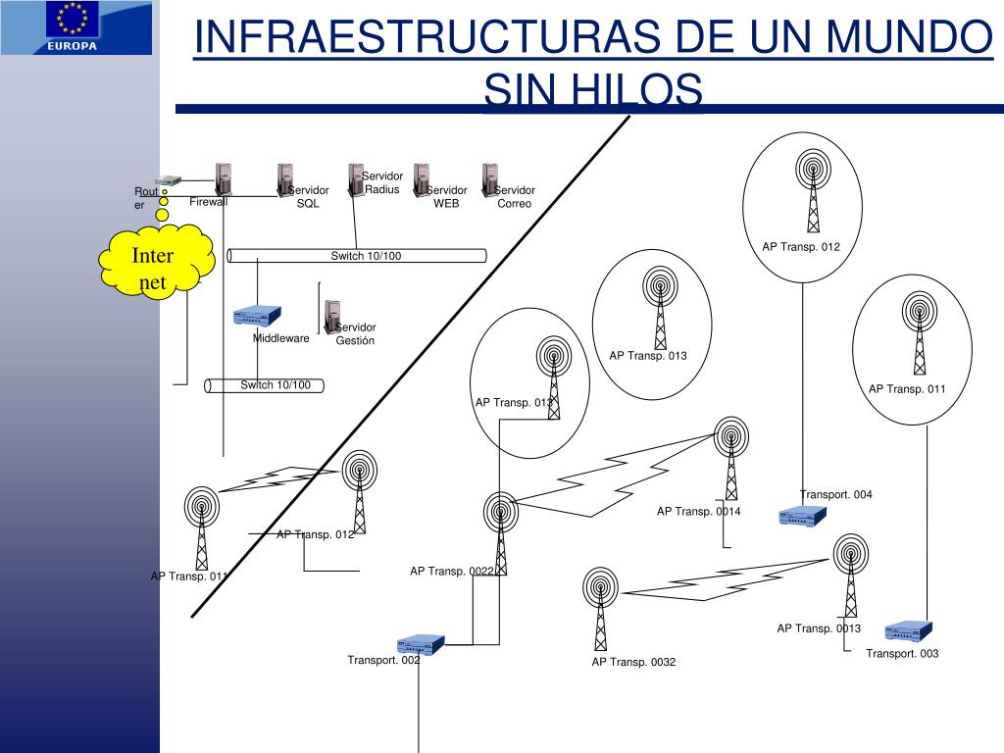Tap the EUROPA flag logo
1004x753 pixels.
point(76,27)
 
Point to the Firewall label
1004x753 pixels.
point(208,202)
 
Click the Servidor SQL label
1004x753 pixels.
point(309,197)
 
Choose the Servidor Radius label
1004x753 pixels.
point(382,182)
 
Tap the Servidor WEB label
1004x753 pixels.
point(446,197)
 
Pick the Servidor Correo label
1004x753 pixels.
point(514,197)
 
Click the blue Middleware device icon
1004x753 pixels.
point(257,316)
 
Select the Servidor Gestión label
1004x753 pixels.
point(355,334)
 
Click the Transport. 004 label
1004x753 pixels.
point(835,495)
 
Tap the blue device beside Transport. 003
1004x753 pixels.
point(908,631)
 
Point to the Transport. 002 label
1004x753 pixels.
point(383,660)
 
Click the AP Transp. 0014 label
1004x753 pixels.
point(699,512)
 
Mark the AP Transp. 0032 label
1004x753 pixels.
point(633,663)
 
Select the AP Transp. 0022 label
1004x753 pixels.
point(452,572)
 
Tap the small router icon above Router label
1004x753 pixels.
point(171,180)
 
